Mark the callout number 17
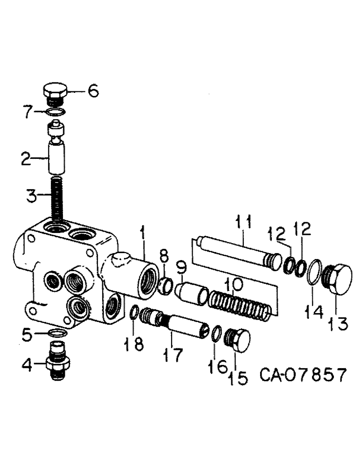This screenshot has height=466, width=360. pos(173,356)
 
